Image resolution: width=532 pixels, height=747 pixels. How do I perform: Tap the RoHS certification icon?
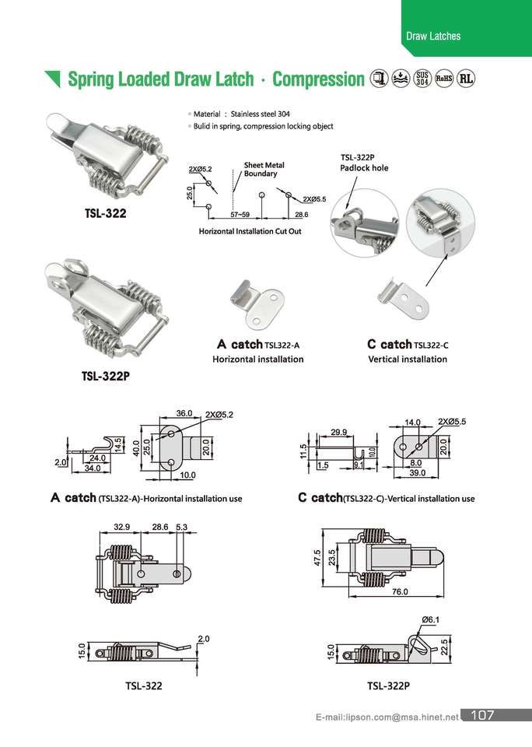pos(444,79)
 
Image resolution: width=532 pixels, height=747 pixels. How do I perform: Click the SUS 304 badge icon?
pos(422,79)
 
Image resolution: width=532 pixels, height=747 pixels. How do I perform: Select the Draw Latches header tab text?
pos(433,36)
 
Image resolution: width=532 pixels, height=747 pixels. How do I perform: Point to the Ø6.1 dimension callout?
pos(430,619)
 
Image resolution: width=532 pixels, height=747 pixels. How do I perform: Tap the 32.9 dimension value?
pos(121,527)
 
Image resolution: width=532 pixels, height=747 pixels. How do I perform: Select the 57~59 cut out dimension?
pos(240,214)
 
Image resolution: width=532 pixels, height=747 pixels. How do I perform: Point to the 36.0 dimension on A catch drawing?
pos(184,413)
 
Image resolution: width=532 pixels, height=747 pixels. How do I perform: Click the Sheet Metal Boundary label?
pos(264,170)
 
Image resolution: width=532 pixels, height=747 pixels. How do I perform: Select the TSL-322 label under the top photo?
pos(105,211)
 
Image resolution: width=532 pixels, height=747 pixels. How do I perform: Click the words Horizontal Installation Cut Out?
pos(250,232)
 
